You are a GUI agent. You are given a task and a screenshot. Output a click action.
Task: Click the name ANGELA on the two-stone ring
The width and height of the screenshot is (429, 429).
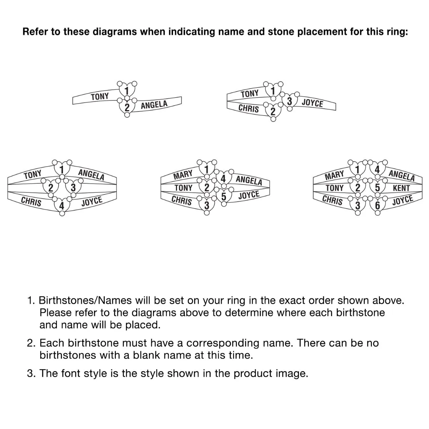click(154, 105)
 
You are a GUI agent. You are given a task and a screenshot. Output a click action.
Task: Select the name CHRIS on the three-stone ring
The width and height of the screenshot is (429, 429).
click(248, 108)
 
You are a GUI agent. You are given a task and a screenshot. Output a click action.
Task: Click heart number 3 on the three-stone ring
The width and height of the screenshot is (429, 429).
click(290, 100)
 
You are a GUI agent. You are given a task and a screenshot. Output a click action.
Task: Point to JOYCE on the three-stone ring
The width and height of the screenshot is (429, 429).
click(312, 103)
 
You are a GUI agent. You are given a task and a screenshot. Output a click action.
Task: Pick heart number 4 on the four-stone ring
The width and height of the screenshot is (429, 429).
click(62, 205)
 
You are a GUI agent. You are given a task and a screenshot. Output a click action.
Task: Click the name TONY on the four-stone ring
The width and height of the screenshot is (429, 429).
click(33, 174)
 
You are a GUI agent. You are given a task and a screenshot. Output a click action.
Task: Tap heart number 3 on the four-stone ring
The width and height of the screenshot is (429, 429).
click(73, 187)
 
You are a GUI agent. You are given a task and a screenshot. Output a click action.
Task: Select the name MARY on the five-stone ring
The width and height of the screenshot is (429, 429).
click(183, 174)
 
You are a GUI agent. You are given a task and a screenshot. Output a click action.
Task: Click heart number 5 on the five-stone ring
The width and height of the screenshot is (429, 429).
click(224, 196)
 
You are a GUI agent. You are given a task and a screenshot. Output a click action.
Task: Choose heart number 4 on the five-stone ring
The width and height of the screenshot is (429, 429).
click(223, 178)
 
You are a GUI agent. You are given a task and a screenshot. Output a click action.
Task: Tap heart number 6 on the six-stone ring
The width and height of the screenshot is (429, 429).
click(378, 205)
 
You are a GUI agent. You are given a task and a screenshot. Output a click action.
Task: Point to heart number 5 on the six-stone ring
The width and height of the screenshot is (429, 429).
click(378, 187)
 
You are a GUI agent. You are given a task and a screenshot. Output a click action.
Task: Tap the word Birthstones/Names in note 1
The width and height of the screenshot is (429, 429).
click(85, 301)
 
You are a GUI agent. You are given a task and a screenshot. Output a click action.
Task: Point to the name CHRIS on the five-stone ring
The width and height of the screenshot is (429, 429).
click(182, 200)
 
